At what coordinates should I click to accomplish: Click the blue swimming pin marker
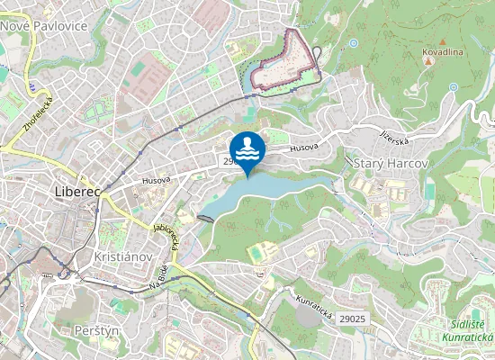point(247,148)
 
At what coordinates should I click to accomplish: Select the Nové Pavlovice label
point(42,26)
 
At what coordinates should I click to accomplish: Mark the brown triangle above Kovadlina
point(443,41)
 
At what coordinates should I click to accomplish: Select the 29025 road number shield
point(354,319)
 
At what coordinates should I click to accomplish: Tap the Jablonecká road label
point(168,238)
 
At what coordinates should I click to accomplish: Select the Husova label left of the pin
point(156,180)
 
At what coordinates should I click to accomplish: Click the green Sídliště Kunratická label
point(467,331)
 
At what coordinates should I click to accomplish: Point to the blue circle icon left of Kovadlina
point(354,42)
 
